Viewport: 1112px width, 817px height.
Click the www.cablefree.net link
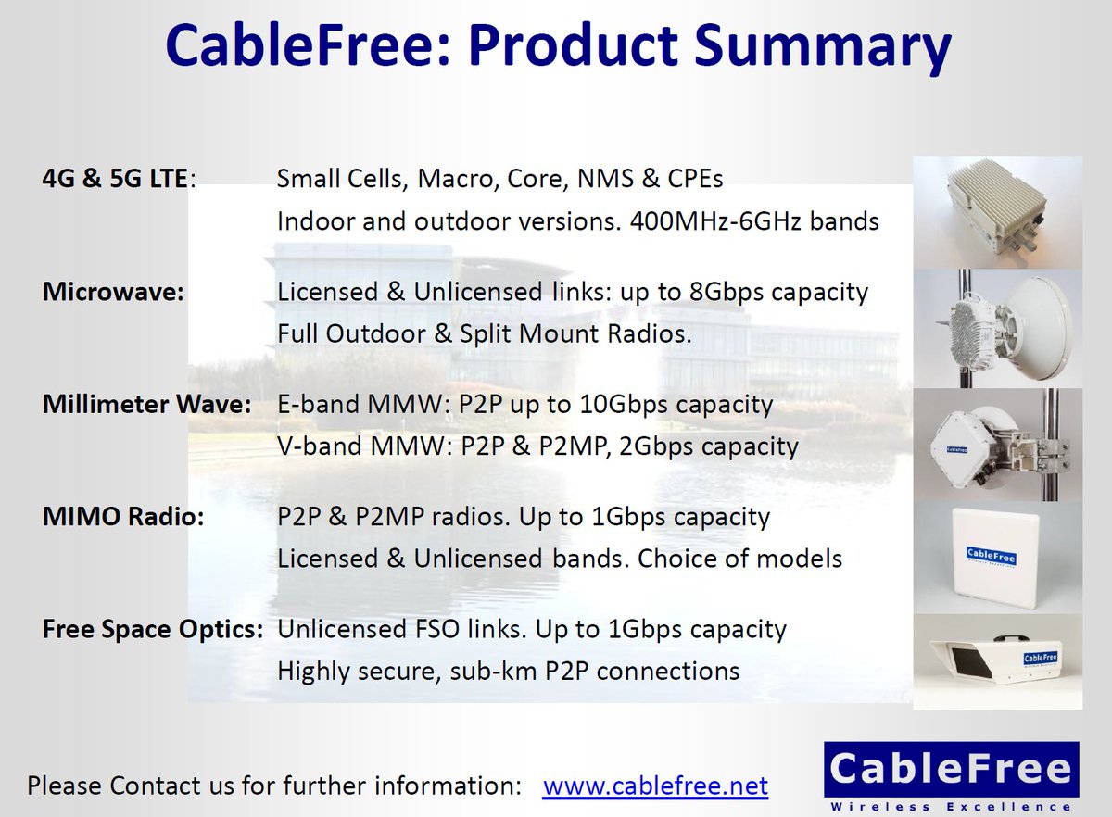tap(655, 786)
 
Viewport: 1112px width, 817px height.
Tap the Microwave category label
tap(114, 293)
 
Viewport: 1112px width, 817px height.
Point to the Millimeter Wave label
tap(146, 405)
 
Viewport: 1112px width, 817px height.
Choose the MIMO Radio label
tap(123, 517)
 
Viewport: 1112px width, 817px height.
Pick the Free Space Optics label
tap(153, 630)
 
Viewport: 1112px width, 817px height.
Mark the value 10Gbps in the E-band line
tap(620, 405)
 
